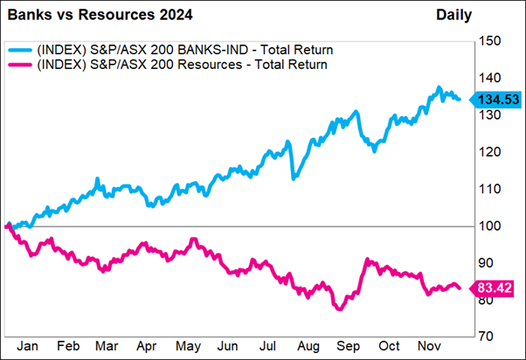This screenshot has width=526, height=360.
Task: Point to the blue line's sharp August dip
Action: point(294,177)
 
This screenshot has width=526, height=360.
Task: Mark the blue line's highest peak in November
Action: point(439,88)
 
